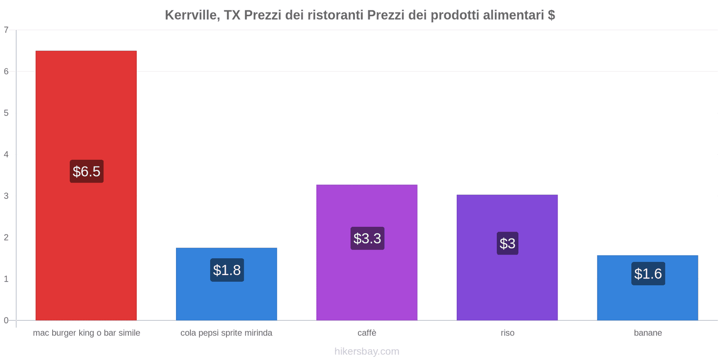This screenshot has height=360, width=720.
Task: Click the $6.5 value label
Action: pos(86,171)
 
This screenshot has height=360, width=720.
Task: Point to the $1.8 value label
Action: pos(227,270)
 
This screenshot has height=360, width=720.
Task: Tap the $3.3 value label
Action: pos(367,238)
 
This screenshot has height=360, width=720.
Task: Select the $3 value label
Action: pos(508,243)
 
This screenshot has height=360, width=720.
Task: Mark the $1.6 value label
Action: pos(648,274)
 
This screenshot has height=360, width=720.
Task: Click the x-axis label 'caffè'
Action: pos(367,333)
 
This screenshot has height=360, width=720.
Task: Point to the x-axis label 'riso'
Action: pos(508,333)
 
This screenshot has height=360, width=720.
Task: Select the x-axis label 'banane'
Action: pos(648,333)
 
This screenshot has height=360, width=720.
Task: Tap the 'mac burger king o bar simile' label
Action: pos(86,333)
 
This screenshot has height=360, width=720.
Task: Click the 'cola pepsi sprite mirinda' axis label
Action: pos(226,333)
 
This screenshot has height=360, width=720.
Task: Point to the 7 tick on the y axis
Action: pos(6,30)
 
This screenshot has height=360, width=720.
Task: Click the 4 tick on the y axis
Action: pos(6,154)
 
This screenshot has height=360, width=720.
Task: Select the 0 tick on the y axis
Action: pos(6,320)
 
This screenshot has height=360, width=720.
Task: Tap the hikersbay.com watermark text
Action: pos(367,351)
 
